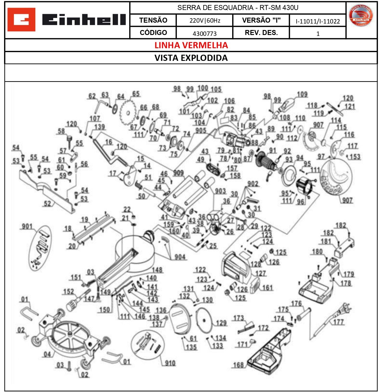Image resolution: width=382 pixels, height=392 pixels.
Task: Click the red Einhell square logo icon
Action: tap(21, 20)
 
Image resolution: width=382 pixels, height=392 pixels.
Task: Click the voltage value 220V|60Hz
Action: tap(205, 21)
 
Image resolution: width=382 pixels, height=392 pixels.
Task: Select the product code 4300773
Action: tap(205, 33)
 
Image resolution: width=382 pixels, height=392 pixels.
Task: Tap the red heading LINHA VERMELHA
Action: tap(191, 45)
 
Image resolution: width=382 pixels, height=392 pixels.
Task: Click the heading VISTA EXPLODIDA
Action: tap(191, 58)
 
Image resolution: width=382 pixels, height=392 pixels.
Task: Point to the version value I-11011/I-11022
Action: tap(318, 21)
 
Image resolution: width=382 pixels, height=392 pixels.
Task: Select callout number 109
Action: tap(302, 94)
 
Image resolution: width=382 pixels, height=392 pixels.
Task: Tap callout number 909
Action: tap(178, 173)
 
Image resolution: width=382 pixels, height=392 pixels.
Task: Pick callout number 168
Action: tap(238, 365)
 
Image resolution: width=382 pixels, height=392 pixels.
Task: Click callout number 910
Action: tap(170, 363)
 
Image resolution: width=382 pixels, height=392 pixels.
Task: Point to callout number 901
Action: tap(27, 226)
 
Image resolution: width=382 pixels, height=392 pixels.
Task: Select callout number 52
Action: tap(47, 203)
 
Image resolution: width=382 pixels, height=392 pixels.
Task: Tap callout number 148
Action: tap(157, 270)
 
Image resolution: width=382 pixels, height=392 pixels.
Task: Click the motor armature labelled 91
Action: tap(264, 161)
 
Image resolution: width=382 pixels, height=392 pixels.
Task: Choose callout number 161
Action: tap(268, 287)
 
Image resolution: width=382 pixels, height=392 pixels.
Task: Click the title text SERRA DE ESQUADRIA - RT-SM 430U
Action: tap(238, 8)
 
